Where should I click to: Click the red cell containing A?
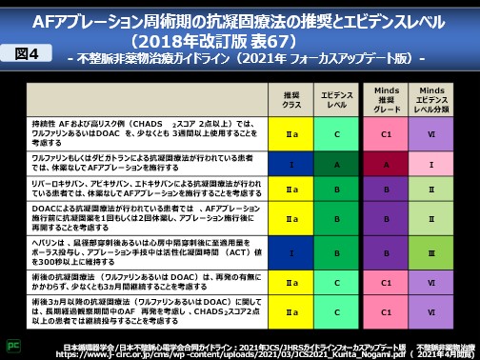tap(386, 164)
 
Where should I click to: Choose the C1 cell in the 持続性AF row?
tap(386, 134)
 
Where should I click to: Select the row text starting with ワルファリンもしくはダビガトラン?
tap(143, 164)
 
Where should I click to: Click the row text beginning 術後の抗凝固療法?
tap(143, 282)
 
